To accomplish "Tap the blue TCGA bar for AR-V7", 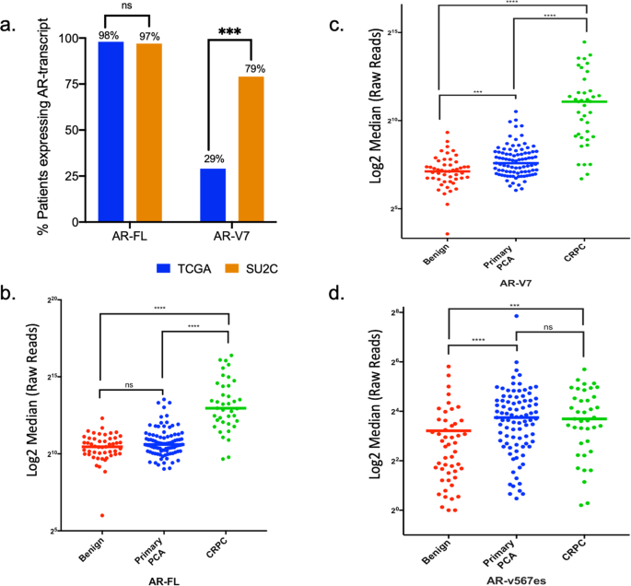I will [213, 195].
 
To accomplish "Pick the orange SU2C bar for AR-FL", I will [149, 133].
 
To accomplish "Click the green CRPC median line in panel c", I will [559, 101].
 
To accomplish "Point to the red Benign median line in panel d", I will [448, 430].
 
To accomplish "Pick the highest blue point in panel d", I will [516, 316].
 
